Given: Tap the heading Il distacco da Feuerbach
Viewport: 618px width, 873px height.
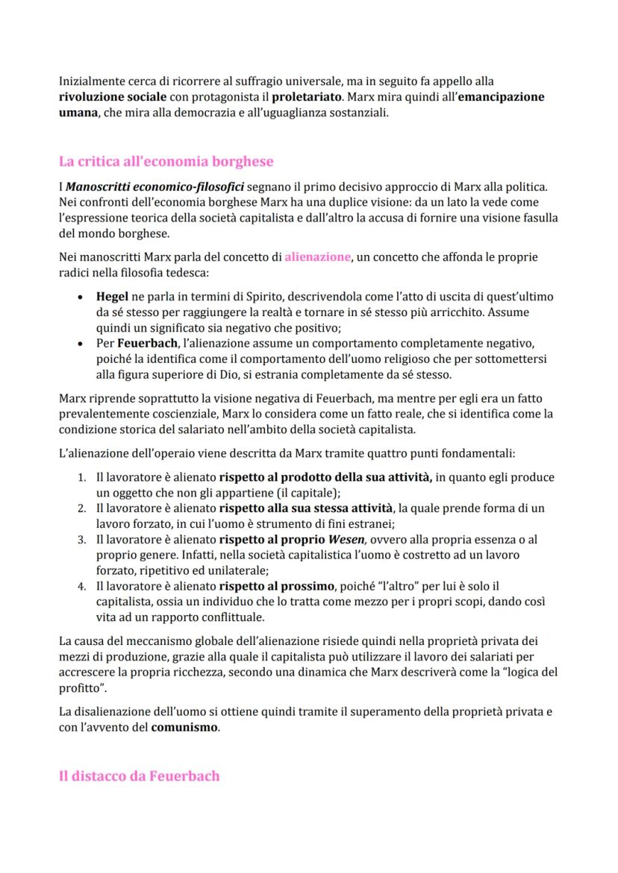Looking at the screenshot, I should pos(139,776).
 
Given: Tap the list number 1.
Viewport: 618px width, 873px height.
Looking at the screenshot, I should pos(83,477).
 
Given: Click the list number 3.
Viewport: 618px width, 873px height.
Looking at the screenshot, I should pos(83,539).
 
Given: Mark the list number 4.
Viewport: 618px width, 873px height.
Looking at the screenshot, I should pos(83,586).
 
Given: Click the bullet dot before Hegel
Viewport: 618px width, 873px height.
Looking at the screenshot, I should pos(80,297).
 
